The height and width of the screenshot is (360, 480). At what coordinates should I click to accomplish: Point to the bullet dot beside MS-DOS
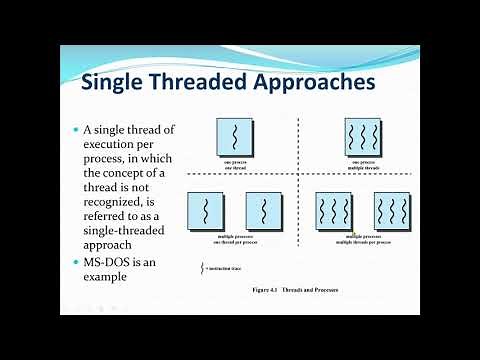pyautogui.click(x=74, y=262)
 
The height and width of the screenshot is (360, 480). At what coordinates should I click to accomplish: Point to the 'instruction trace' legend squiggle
pyautogui.click(x=204, y=268)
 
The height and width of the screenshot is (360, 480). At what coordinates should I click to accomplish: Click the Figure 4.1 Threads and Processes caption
pyautogui.click(x=297, y=290)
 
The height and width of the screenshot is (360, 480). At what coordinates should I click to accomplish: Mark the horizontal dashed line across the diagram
pyautogui.click(x=300, y=175)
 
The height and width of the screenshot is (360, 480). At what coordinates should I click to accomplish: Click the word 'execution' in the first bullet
pyautogui.click(x=113, y=147)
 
